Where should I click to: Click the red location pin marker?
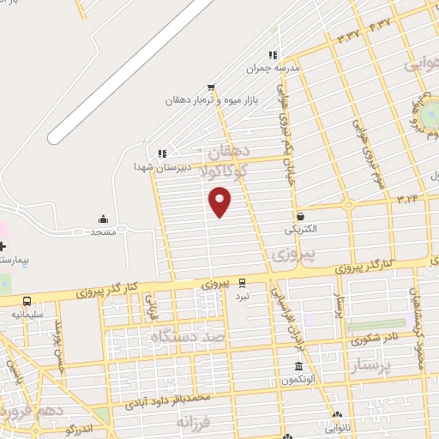click(x=220, y=202)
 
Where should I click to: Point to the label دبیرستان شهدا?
click(x=161, y=167)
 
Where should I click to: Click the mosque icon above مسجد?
click(x=104, y=219)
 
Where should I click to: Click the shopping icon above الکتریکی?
click(x=301, y=216)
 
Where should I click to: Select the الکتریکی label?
click(x=300, y=229)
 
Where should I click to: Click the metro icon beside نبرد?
click(x=243, y=282)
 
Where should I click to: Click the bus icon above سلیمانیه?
click(x=27, y=301)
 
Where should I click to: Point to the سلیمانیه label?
click(x=27, y=315)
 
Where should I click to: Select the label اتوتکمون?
click(x=297, y=379)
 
